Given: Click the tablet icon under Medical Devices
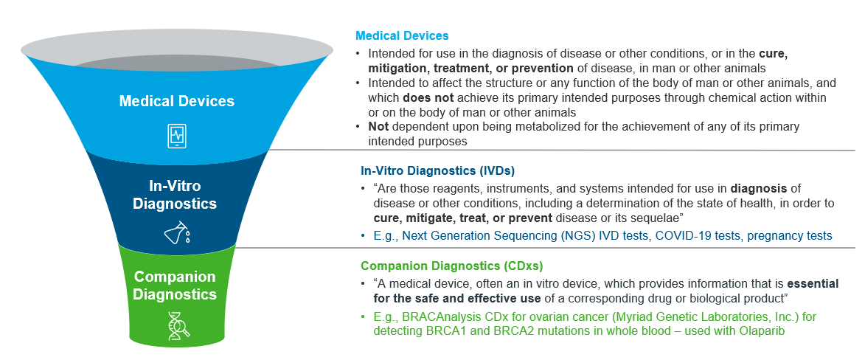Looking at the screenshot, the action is coord(177,135).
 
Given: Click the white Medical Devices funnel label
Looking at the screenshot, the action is coord(176,102).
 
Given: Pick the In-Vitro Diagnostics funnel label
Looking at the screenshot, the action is coord(176,194).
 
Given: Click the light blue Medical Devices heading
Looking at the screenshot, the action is coord(402,36).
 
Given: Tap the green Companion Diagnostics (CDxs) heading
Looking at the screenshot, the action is coord(452,266).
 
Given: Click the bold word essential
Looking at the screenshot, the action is coord(813,284).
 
